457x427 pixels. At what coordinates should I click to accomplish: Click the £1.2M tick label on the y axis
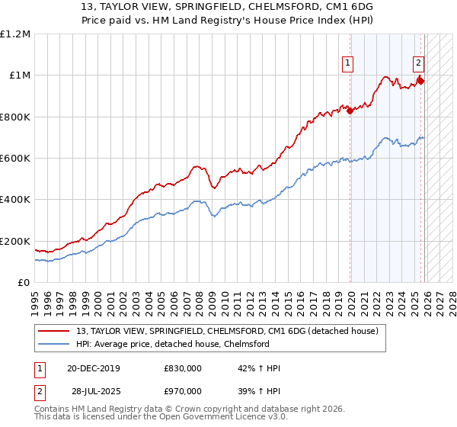(17, 34)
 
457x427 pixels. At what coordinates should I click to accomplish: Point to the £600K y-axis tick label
(15, 159)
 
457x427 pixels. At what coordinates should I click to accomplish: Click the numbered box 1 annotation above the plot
(348, 64)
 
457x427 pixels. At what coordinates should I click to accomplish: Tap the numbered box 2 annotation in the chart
(419, 64)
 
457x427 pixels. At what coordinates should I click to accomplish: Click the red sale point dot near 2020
(350, 111)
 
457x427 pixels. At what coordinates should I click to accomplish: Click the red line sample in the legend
(53, 330)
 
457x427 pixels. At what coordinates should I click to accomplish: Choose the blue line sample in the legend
(53, 344)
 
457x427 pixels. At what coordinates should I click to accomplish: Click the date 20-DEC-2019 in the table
(93, 368)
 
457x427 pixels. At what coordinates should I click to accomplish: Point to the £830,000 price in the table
(182, 368)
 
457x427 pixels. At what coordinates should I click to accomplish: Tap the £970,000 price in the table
(182, 390)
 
